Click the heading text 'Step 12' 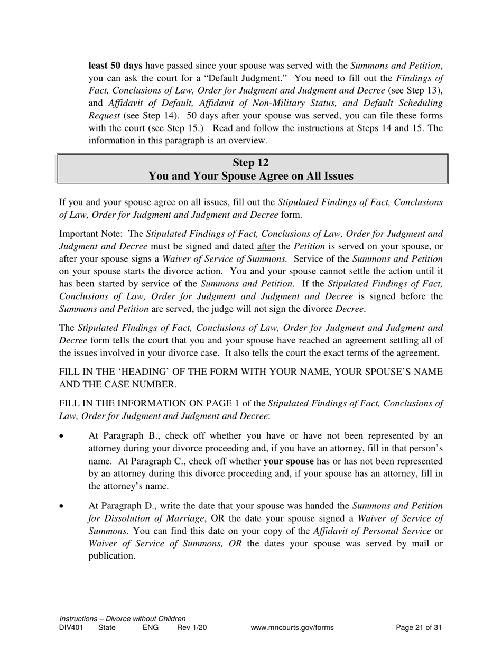(x=251, y=162)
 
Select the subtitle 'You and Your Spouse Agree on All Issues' (x=251, y=176)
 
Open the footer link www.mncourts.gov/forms (x=292, y=628)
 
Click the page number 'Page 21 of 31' (x=419, y=628)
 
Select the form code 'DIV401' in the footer (x=71, y=628)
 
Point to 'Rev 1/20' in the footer (x=192, y=628)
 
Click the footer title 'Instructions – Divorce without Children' (x=123, y=619)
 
